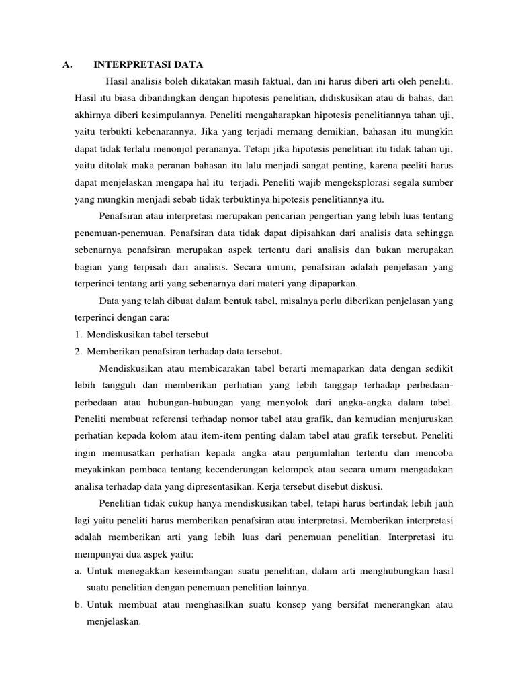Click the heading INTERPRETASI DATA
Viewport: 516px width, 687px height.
click(x=148, y=65)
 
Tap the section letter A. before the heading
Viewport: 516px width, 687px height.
click(x=67, y=65)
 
